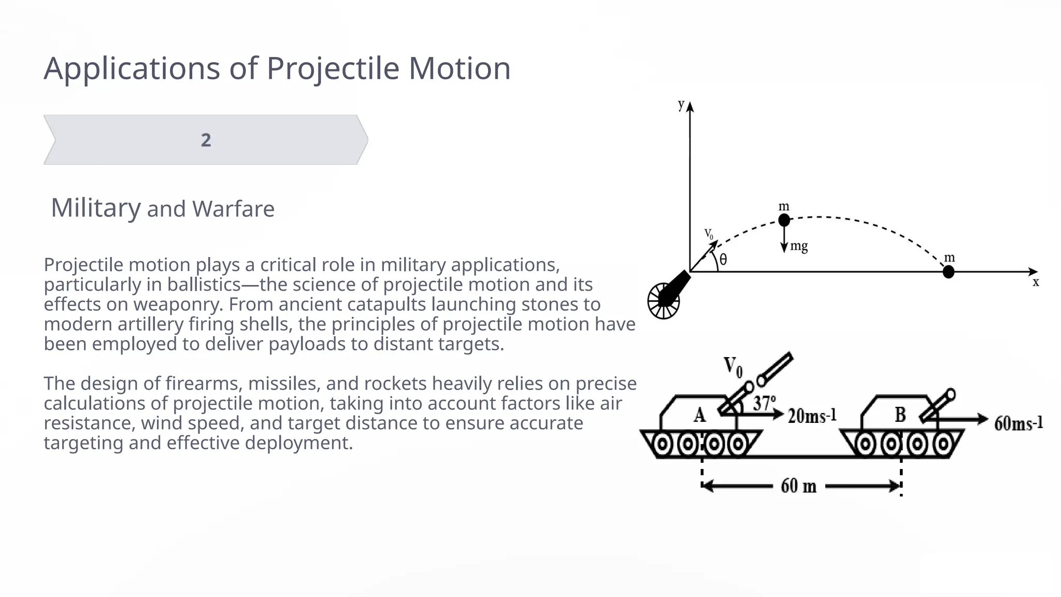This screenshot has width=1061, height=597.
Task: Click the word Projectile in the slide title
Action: (333, 69)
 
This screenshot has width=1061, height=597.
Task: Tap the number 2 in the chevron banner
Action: (206, 140)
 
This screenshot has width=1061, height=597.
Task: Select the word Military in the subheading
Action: (96, 208)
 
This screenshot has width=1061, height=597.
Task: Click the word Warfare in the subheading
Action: (233, 209)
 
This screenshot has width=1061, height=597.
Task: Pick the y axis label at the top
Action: (681, 105)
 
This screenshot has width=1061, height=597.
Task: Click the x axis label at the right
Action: (1036, 282)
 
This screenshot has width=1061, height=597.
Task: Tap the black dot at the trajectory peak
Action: (784, 220)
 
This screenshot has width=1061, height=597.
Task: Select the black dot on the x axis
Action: (948, 272)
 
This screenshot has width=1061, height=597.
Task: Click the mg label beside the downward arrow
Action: (799, 246)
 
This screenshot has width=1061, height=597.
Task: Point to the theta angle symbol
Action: (723, 260)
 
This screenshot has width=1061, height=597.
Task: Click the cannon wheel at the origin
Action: (663, 301)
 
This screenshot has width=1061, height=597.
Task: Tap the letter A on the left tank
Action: (699, 415)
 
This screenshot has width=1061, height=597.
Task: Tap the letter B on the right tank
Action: (900, 415)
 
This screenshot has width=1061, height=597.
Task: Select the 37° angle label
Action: (764, 403)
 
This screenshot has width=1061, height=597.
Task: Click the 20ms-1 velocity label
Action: (812, 416)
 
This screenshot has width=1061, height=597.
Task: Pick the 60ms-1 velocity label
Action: (1018, 423)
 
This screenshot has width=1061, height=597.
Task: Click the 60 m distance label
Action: (798, 486)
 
